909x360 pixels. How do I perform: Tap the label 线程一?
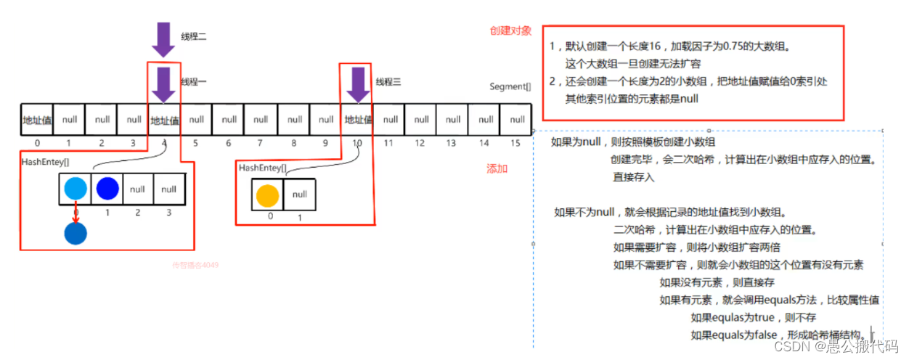[193, 82]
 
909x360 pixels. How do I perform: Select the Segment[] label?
[510, 87]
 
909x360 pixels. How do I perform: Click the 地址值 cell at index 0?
[37, 120]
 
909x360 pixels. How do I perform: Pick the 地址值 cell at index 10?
[358, 120]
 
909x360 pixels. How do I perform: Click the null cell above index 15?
[517, 120]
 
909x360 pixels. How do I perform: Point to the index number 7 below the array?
[261, 144]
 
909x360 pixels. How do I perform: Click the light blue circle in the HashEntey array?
[76, 189]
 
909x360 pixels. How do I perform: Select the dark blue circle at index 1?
[107, 189]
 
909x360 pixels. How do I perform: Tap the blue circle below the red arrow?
[76, 233]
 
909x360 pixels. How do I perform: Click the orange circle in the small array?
[267, 195]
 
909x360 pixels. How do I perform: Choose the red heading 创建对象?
[510, 31]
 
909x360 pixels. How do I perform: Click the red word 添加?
[497, 168]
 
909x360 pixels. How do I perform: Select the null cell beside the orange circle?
[299, 195]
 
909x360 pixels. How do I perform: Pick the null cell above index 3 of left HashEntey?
[169, 189]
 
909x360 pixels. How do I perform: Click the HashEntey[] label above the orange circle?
[262, 168]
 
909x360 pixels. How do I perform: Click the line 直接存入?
[632, 177]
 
